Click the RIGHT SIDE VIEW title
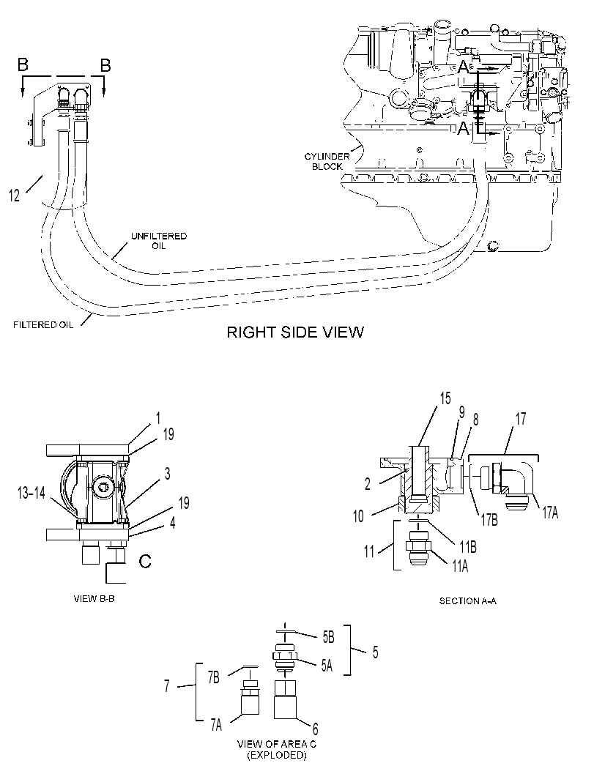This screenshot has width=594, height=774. pos(294,332)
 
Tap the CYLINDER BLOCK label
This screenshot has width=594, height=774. pos(327,161)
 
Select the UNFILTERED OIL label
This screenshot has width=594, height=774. pos(159,240)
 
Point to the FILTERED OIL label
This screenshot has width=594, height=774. pos(43,325)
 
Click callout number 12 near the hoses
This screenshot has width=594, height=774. pos(15,196)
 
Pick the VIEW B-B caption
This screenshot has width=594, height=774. pos(94,599)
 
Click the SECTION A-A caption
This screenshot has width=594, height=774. pos(467,600)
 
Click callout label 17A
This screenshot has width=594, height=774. pos(551,513)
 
